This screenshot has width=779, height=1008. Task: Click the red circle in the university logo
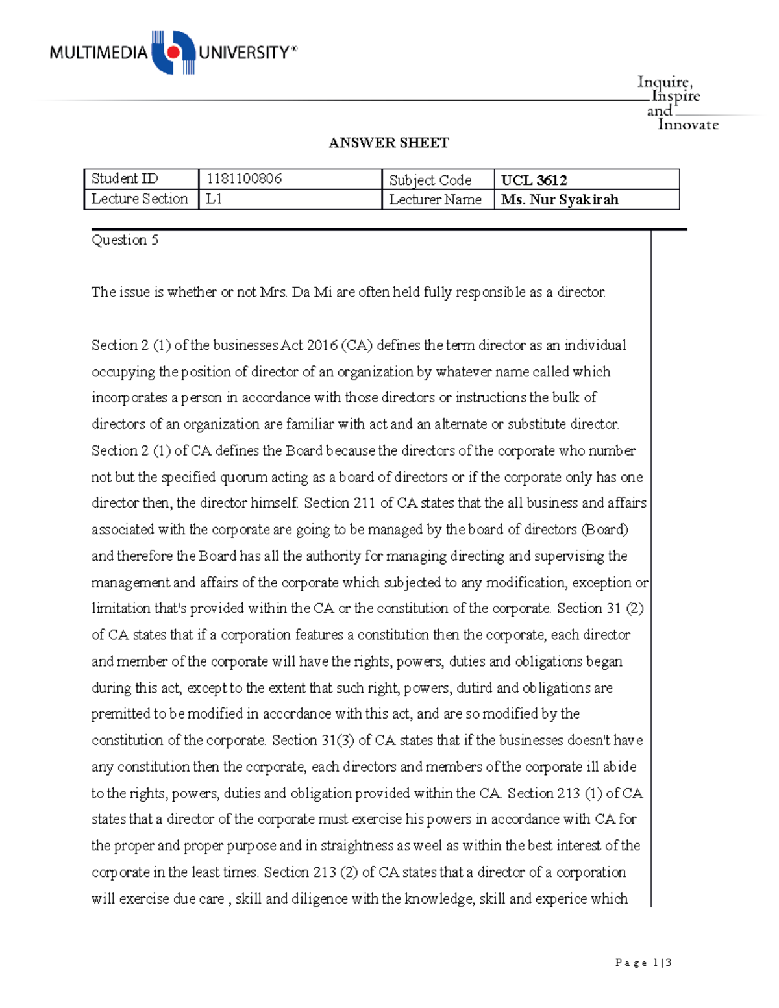coord(173,51)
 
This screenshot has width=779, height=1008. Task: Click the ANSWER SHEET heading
coord(388,143)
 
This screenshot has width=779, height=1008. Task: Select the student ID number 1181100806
coord(243,178)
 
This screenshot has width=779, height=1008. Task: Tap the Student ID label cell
coord(125,178)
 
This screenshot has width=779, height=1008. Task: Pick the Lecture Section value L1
coord(214,199)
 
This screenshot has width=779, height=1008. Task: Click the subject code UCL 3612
coord(534,180)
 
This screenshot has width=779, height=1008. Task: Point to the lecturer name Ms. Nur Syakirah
coord(559,200)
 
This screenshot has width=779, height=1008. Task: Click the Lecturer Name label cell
coord(435,200)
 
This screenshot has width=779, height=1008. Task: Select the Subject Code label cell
coord(430,180)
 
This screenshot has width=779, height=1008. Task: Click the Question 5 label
coord(125,240)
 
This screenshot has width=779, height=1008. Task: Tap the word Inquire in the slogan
coord(664,82)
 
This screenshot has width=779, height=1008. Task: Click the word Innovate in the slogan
coord(687,125)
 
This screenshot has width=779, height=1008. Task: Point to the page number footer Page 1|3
coord(643,963)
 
